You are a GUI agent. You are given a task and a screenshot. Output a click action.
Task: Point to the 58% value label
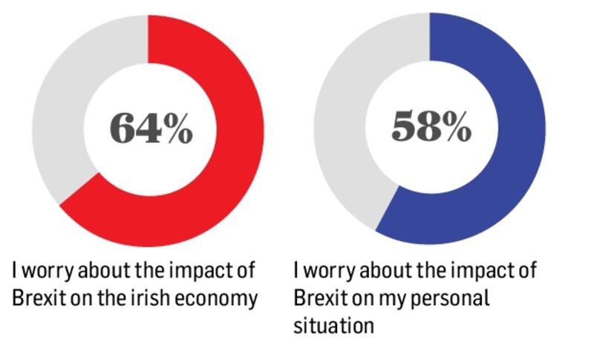[431, 128]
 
